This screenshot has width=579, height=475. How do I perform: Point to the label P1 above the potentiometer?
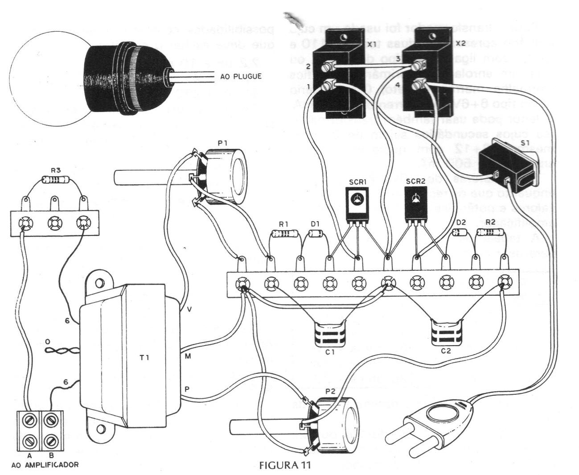point(223,143)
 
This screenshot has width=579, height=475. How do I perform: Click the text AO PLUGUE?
point(241,76)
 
